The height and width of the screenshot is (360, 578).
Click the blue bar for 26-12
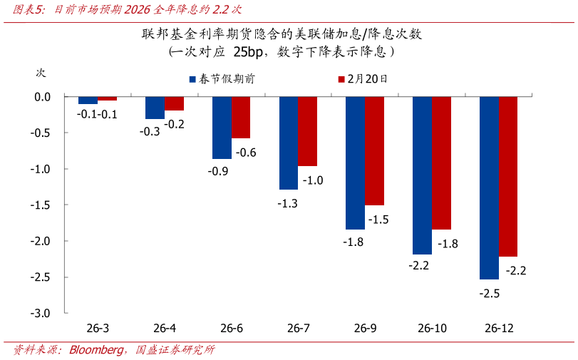point(489,187)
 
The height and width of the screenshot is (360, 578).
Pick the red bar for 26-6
point(241,118)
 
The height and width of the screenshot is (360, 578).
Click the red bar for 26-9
point(374,150)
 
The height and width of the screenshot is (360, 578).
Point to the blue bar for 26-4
point(155,108)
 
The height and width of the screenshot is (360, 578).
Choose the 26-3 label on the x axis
point(98,329)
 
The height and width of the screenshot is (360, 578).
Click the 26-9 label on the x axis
point(364,329)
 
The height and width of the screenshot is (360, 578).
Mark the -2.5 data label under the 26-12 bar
point(489,293)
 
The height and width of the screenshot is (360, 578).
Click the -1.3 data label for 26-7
point(288,203)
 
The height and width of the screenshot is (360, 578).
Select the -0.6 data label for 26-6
point(246,153)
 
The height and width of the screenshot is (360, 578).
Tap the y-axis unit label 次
point(41,73)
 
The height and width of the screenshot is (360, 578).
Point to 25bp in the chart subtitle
point(251,52)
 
